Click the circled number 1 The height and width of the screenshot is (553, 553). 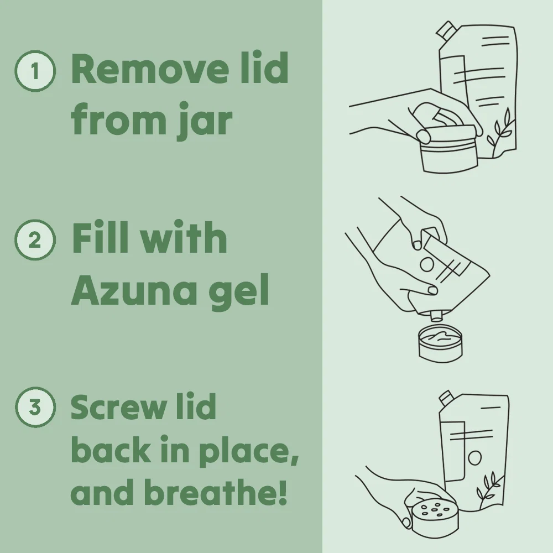click(35, 71)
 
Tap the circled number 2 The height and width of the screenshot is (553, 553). click(35, 240)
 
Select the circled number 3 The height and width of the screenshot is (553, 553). click(35, 408)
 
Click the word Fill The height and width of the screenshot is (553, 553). click(100, 237)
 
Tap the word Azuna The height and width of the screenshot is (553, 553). click(134, 290)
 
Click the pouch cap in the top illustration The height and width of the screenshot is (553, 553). click(445, 30)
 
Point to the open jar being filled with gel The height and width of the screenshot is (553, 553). click(440, 344)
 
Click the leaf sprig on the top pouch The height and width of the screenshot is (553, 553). click(500, 129)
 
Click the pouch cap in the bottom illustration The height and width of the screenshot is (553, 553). click(446, 398)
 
